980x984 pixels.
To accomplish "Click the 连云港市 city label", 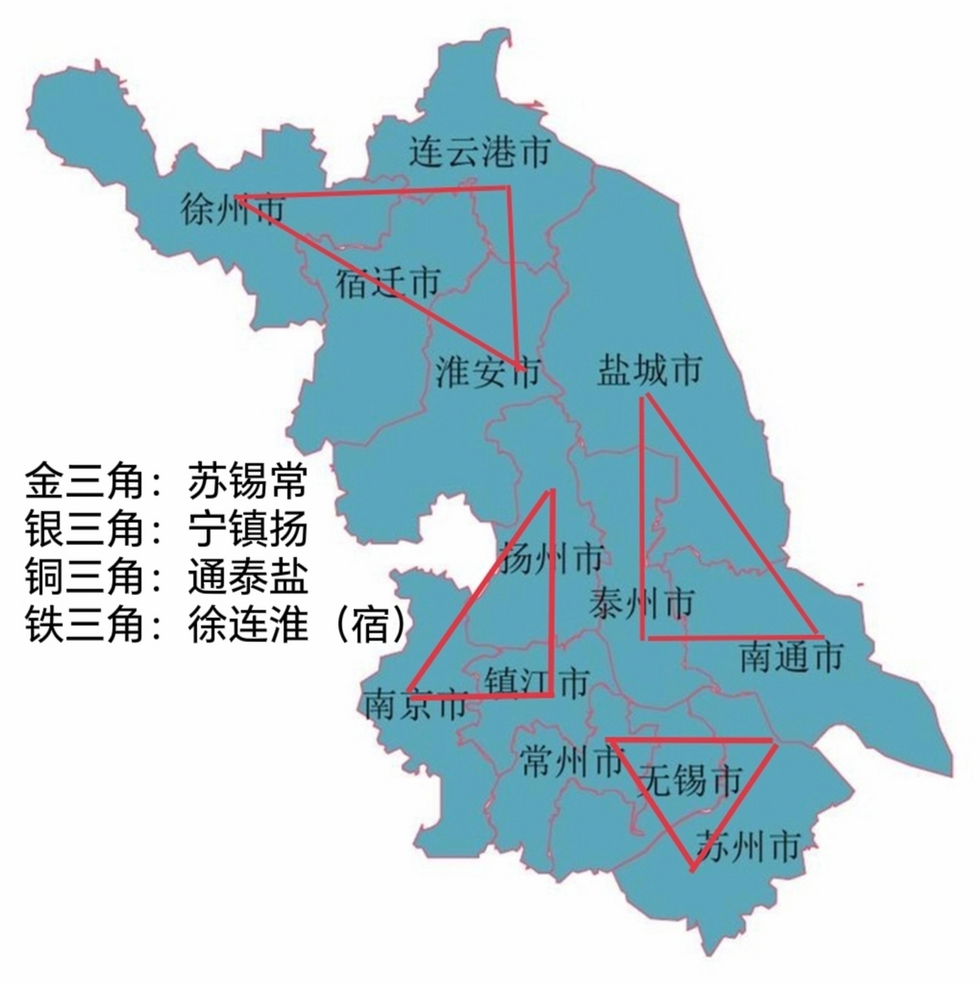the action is click(x=479, y=152).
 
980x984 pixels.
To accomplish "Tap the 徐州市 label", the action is click(x=233, y=208).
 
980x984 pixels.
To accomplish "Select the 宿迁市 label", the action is click(x=387, y=283).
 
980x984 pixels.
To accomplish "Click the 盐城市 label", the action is click(x=649, y=371).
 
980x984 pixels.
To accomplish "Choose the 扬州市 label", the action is click(x=550, y=559).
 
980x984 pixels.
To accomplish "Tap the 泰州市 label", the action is click(x=641, y=603).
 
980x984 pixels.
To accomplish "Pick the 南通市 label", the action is click(x=792, y=657).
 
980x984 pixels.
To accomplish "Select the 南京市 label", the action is click(x=416, y=704).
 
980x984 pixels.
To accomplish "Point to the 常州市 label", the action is click(x=571, y=763).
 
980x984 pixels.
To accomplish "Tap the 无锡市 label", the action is click(x=691, y=780).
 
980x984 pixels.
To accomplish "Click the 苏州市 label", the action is click(x=747, y=846).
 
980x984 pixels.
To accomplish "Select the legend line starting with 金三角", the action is click(x=166, y=481).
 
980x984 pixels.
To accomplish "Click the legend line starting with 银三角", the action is click(x=166, y=529).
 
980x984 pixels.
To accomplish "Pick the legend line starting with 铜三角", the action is click(x=166, y=577).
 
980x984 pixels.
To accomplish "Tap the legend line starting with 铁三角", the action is click(x=215, y=624).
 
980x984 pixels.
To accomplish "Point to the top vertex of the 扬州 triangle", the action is click(x=551, y=490).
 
